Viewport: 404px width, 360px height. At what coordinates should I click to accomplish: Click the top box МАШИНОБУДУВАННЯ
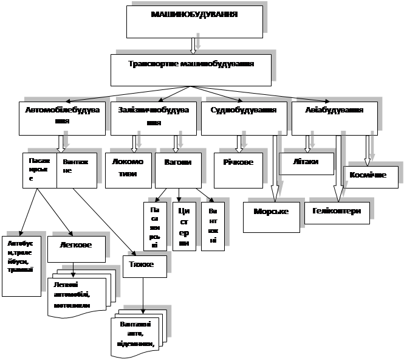[x=195, y=22]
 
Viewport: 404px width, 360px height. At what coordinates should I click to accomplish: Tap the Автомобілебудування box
[x=58, y=118]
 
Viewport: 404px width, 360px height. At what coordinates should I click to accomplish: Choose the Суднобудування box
[x=243, y=118]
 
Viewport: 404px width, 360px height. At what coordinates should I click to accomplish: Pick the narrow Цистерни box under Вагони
[x=184, y=226]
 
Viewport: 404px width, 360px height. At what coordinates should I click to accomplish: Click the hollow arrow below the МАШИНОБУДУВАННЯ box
[x=193, y=46]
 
